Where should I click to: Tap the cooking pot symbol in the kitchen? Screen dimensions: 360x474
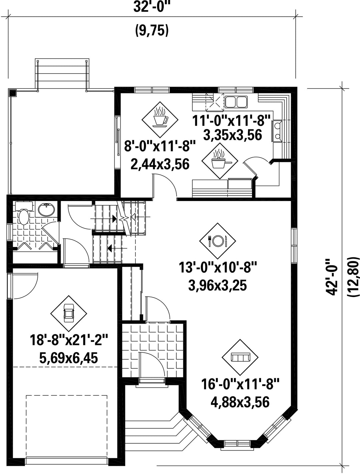click(x=220, y=161)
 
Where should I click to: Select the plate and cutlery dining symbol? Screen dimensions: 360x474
click(x=217, y=241)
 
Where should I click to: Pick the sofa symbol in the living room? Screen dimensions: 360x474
click(x=240, y=357)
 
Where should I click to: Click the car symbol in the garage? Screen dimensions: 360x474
click(x=69, y=314)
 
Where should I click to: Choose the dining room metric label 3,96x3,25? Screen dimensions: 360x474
click(x=217, y=286)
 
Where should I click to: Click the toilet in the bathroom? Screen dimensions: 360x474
click(x=23, y=212)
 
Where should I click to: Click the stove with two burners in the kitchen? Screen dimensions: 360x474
click(x=277, y=131)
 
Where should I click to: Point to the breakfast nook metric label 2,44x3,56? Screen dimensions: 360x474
click(x=160, y=164)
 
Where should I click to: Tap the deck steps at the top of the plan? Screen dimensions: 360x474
click(x=62, y=73)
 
